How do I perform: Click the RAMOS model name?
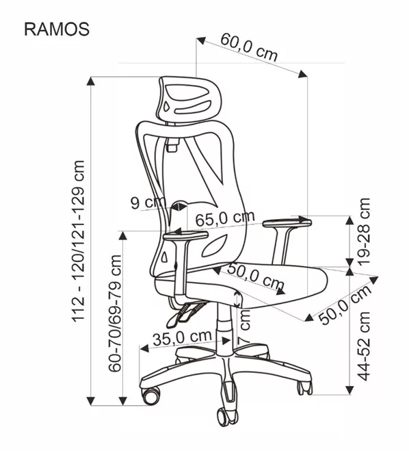57,29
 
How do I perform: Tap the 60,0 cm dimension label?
249,48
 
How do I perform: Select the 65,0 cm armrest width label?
225,218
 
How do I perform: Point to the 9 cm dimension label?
148,203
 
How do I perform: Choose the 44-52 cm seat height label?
363,346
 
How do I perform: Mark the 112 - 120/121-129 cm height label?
78,241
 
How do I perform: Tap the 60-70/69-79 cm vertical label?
115,313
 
